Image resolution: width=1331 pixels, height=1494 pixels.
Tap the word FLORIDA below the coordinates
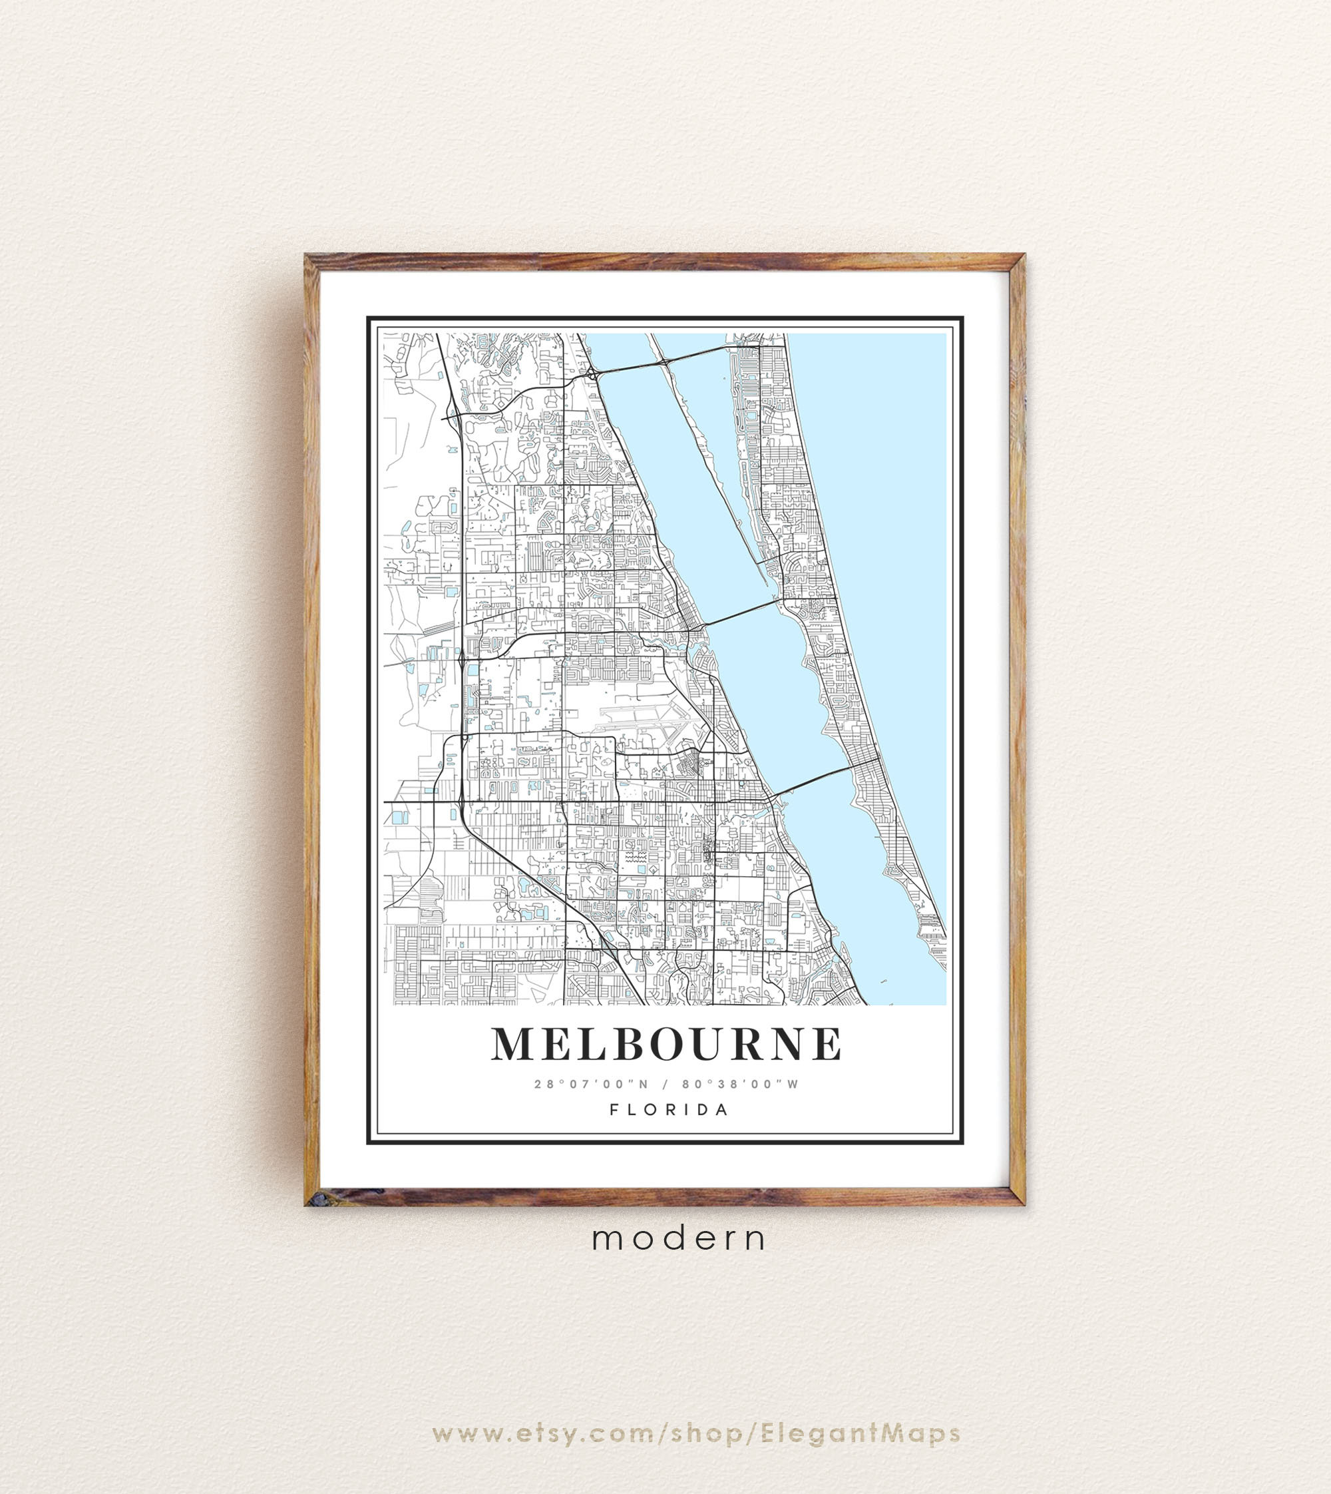point(669,1109)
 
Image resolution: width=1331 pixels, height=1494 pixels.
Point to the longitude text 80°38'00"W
point(741,1085)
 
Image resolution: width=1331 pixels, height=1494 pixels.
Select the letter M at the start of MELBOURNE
point(512,1044)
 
